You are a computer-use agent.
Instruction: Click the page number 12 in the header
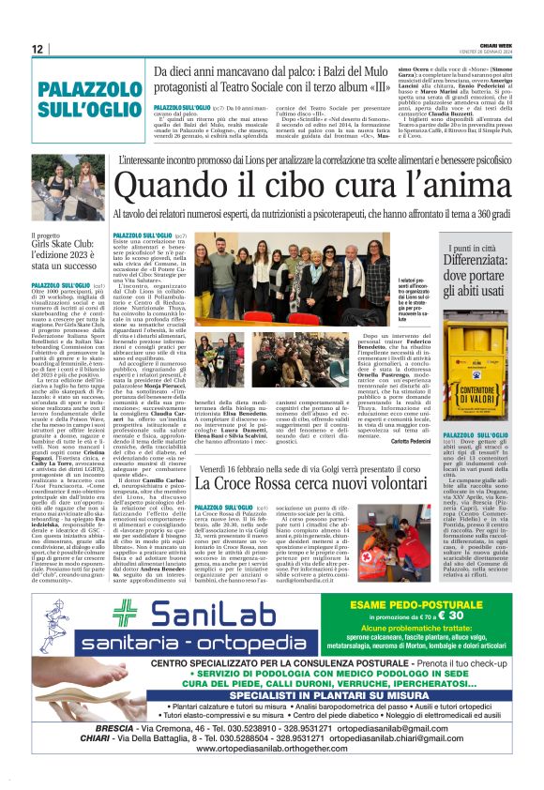(x=37, y=49)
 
